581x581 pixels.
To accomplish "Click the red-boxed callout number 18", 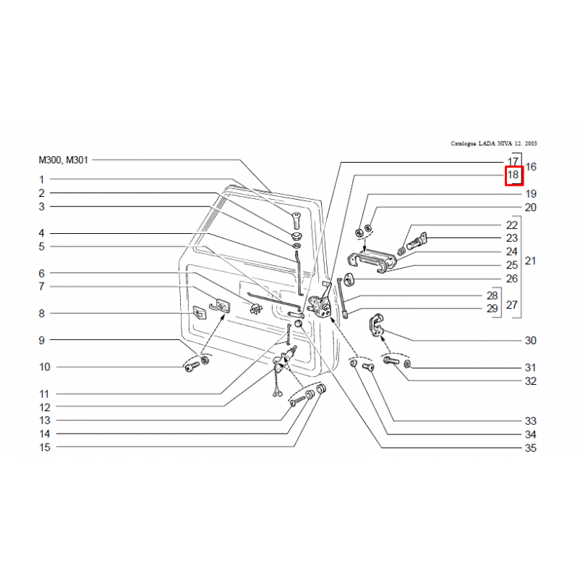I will [x=513, y=175].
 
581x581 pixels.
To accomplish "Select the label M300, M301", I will [x=64, y=160].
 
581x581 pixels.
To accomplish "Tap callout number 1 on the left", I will [x=41, y=179].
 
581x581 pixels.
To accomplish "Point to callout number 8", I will [x=41, y=314].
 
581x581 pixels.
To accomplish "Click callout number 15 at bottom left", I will [x=45, y=448].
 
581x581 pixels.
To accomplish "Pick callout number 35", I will [x=530, y=449].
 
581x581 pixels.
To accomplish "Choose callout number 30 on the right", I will [x=530, y=341].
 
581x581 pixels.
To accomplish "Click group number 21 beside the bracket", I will [x=530, y=260].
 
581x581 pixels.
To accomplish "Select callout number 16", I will [x=531, y=167].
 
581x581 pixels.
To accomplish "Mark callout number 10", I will [x=45, y=367].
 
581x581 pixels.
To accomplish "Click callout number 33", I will [x=530, y=421].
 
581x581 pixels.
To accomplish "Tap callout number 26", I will [x=512, y=279].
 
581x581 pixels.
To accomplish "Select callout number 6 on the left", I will [x=41, y=274].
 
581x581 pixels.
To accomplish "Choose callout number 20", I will [x=530, y=208].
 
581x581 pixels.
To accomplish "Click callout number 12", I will [x=45, y=407].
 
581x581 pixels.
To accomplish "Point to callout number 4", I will [x=41, y=233].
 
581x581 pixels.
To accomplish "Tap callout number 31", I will [x=530, y=367].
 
